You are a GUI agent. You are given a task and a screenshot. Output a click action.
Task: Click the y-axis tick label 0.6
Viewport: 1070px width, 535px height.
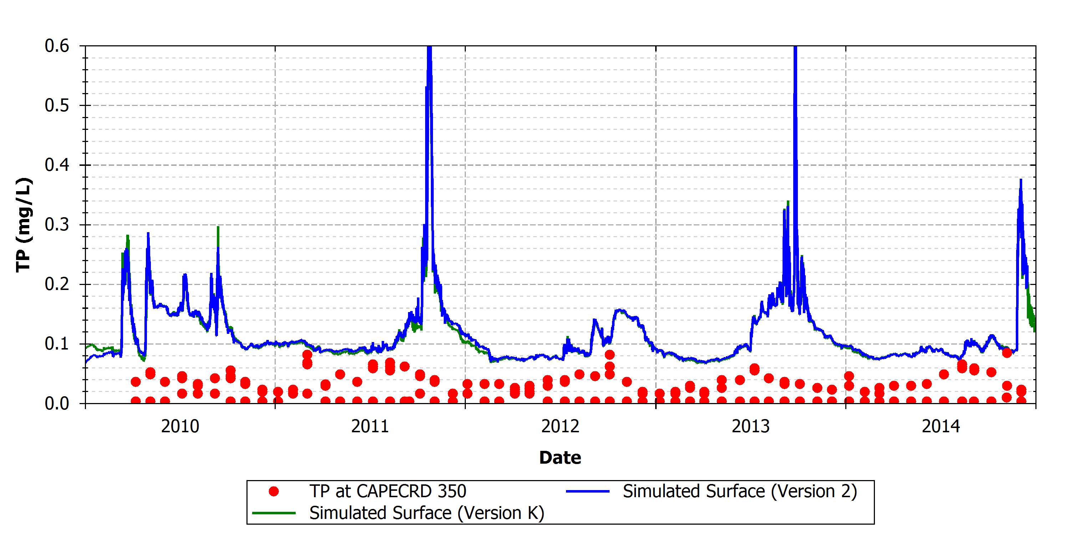point(57,46)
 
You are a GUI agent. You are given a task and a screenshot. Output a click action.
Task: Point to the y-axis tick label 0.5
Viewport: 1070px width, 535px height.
point(57,106)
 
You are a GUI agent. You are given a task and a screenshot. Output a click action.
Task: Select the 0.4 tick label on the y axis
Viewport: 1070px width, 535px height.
point(57,165)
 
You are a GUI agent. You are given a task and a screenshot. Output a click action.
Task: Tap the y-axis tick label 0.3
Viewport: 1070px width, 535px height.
point(57,225)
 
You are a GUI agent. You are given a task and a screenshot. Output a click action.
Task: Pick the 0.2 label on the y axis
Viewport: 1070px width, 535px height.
point(57,285)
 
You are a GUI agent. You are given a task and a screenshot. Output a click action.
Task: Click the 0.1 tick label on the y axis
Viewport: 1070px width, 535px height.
point(57,344)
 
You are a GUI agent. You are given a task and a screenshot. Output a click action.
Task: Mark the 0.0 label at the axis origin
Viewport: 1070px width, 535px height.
point(57,403)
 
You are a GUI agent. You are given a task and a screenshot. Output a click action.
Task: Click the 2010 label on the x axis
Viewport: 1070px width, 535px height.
point(180,427)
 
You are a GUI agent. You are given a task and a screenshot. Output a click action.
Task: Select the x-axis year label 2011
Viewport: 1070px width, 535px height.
point(370,427)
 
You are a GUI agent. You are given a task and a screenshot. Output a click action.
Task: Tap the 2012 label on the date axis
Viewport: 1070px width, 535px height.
point(560,427)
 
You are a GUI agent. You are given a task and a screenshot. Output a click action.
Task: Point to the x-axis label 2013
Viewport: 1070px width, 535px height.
point(750,427)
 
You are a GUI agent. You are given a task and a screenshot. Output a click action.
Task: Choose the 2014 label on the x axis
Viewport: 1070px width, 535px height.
point(941,427)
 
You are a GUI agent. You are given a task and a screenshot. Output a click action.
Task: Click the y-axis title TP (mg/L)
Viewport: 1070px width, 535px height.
point(24,225)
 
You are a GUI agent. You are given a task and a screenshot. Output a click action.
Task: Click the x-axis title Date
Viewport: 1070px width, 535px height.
point(560,458)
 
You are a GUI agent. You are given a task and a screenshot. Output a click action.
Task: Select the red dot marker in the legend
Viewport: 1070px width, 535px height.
point(274,492)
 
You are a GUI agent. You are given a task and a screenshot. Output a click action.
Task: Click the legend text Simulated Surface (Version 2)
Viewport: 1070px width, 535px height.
point(740,492)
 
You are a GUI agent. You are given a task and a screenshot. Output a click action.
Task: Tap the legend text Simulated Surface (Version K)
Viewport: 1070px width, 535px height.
point(427,513)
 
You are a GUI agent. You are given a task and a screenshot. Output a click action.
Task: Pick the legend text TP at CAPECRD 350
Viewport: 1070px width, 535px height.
point(388,492)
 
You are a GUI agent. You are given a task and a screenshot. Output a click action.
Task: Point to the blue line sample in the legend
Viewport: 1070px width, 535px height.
point(588,491)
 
